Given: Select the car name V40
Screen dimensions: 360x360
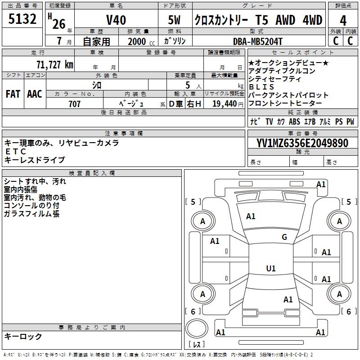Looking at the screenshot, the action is (x=116, y=20).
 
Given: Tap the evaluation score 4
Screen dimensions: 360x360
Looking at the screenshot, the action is (x=343, y=20).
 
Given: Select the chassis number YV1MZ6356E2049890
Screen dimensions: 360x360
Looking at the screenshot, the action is (x=302, y=143).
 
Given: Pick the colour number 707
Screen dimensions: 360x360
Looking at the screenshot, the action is (x=74, y=104).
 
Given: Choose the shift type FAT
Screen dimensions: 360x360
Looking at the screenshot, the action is (x=13, y=94).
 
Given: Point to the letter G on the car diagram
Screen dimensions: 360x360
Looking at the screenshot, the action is (x=284, y=237).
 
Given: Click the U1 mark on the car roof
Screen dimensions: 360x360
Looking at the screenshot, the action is (x=270, y=269).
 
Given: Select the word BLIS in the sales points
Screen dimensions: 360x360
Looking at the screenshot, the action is (x=261, y=87).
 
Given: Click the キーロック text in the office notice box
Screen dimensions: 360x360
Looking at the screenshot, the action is (x=23, y=336).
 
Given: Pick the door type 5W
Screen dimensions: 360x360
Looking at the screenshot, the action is (x=175, y=20).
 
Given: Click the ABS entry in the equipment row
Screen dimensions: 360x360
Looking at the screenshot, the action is (x=294, y=121).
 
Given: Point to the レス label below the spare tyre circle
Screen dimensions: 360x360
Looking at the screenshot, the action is (x=197, y=345).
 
